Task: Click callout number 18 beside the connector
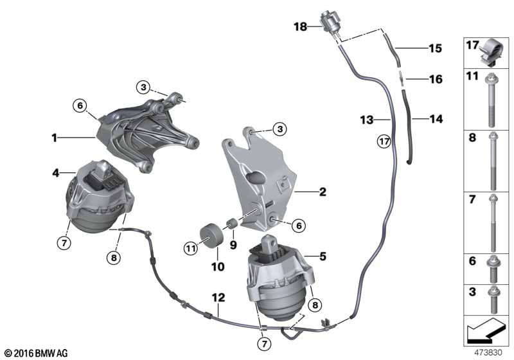tap(300, 26)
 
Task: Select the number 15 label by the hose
tap(436, 48)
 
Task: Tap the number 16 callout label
tap(436, 79)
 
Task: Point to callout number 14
tap(436, 119)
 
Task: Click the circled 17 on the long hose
tap(384, 141)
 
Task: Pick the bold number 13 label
tap(367, 120)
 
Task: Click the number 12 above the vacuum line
tap(218, 298)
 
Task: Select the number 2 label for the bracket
tap(323, 192)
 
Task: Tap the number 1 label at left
tap(55, 138)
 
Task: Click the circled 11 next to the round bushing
tap(191, 248)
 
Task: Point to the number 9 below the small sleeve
tap(233, 244)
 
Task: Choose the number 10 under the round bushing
tap(218, 267)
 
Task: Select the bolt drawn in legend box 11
tap(491, 100)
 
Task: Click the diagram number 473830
tap(488, 353)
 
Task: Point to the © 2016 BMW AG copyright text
tap(37, 353)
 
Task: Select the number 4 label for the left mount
tap(56, 173)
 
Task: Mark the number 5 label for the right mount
tap(323, 256)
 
